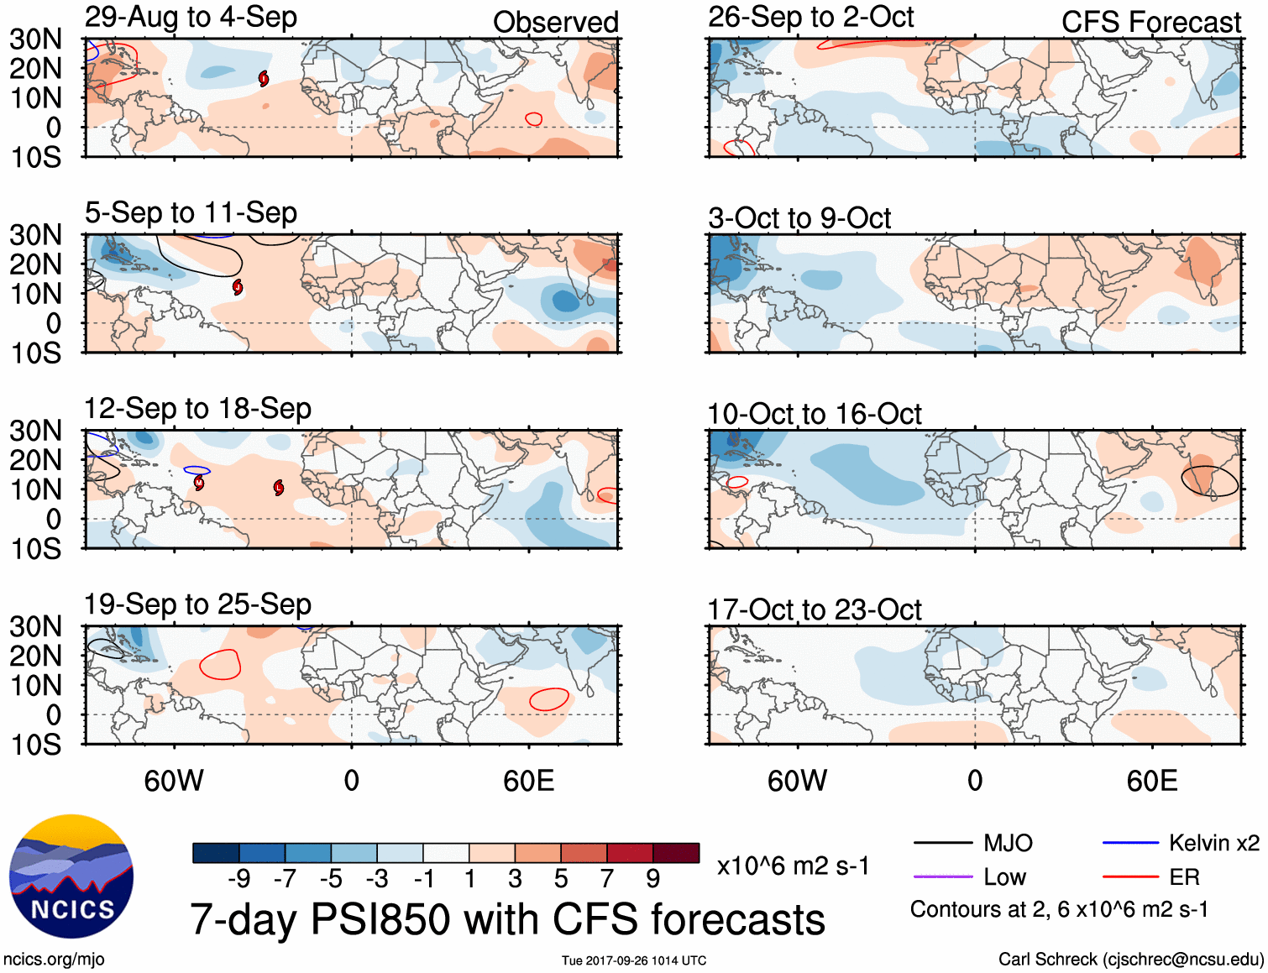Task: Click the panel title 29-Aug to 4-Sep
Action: (191, 18)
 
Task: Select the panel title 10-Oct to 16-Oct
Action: (814, 414)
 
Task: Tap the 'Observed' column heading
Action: (555, 23)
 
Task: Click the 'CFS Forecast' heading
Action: (1150, 23)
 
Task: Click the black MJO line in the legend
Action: (942, 843)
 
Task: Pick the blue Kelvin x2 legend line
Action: (1130, 843)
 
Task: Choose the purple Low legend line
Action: (942, 877)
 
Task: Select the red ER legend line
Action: (1130, 877)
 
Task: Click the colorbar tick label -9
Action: (238, 879)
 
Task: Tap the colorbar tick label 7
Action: (606, 879)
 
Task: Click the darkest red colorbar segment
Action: (676, 853)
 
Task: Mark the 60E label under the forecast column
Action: (1151, 782)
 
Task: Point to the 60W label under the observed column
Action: (174, 782)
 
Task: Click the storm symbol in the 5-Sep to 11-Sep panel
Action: (238, 287)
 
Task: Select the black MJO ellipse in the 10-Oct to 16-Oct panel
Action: (1209, 480)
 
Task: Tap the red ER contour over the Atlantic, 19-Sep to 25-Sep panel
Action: (221, 665)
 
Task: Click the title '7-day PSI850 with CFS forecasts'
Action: (507, 920)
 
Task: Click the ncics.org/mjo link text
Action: (54, 960)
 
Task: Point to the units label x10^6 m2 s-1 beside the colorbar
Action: (793, 866)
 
